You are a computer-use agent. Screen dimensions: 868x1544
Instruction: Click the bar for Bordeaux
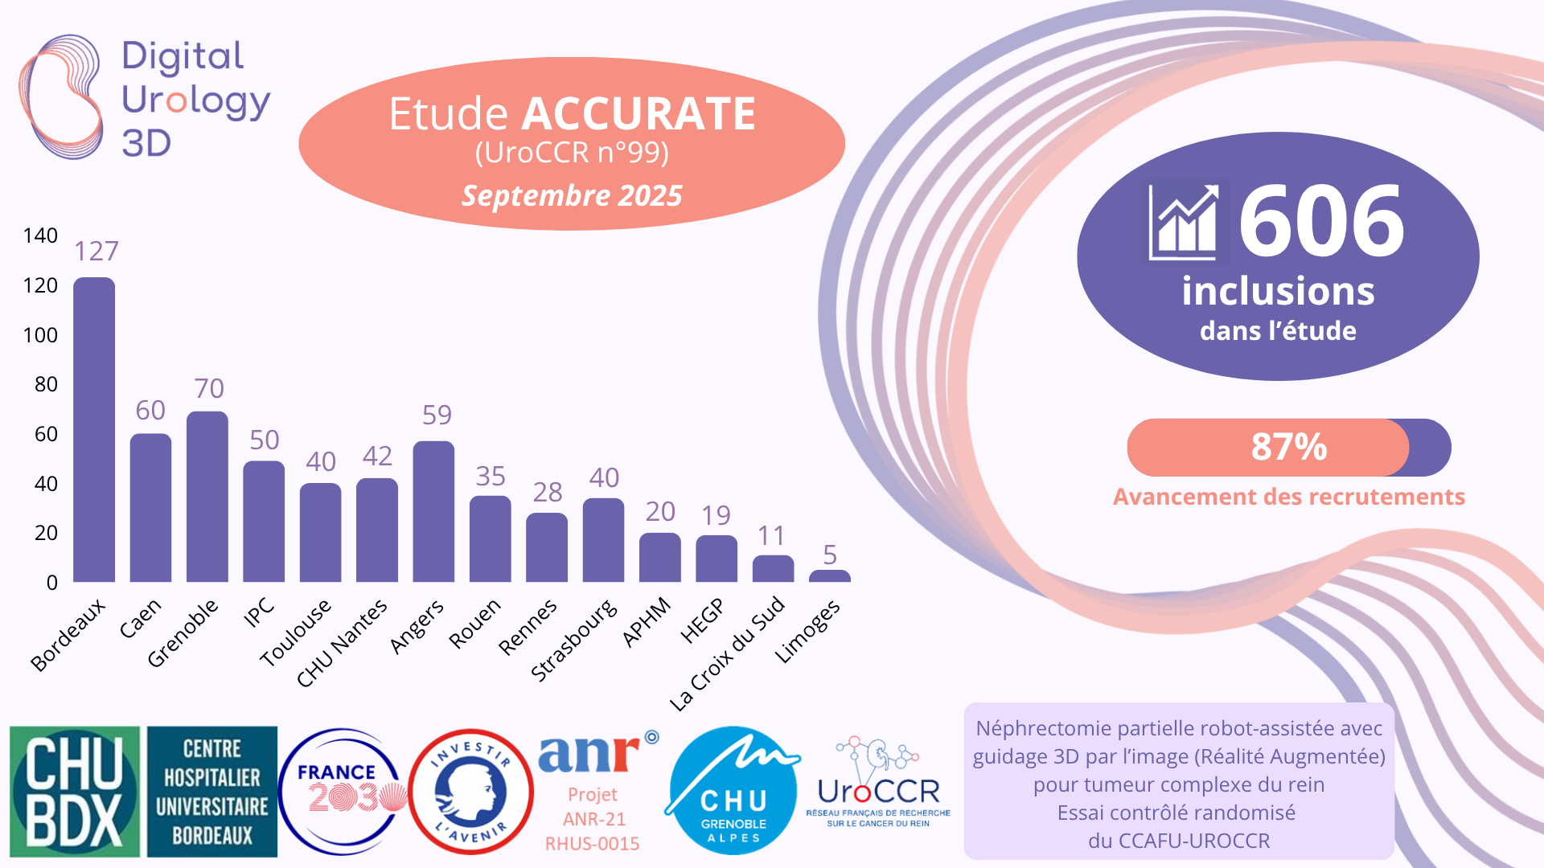(94, 430)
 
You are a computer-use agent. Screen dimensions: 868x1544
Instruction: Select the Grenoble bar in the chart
(207, 497)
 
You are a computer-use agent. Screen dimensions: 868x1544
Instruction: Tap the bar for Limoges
(829, 576)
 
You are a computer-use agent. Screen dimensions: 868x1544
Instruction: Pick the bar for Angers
(433, 511)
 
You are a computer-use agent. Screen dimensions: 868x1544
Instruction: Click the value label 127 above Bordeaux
(96, 252)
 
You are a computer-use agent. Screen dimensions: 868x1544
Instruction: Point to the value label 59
(437, 415)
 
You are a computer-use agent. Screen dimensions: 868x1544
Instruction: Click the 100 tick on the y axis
(40, 335)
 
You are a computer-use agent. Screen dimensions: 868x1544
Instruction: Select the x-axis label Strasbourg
(574, 641)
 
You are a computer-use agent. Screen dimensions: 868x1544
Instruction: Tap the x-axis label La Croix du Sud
(727, 653)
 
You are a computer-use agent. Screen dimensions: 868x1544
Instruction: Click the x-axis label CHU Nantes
(342, 644)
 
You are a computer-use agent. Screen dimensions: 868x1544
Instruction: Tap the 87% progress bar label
(1288, 447)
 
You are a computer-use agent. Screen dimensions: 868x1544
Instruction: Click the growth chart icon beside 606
(1184, 222)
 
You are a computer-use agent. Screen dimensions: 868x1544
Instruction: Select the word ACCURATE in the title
(639, 113)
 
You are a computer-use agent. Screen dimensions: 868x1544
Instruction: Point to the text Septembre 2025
(572, 195)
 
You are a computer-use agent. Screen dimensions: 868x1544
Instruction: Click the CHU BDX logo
(75, 792)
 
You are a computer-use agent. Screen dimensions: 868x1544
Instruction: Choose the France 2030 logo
(343, 792)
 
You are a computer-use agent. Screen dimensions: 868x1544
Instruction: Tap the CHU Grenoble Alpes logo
(733, 792)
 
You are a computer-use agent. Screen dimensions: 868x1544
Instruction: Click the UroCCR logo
(878, 784)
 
